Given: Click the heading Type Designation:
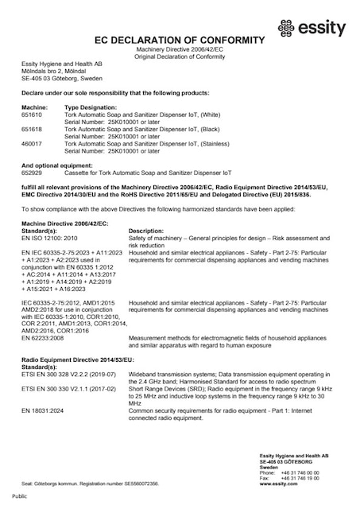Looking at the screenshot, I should [90, 107].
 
